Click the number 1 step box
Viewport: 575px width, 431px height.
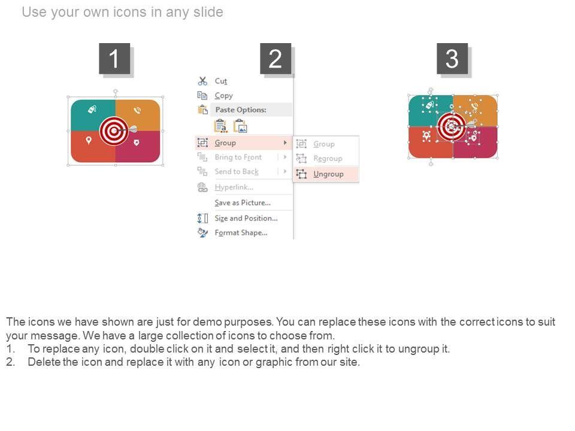coord(114,59)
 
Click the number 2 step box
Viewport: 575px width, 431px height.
coord(276,59)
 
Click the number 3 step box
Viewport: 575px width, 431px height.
coord(452,59)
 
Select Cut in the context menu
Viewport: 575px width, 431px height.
coord(221,81)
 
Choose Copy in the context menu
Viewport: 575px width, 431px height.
coord(223,96)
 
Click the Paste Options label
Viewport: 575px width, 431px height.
coord(241,110)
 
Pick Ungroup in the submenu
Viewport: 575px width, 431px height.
coord(328,174)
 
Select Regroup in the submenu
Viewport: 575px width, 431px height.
coord(328,158)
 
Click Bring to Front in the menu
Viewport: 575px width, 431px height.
coord(238,157)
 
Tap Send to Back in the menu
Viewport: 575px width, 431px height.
coord(237,172)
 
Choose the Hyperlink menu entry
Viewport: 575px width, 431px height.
coord(234,187)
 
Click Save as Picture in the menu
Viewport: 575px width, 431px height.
coord(243,203)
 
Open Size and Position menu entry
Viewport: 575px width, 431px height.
coord(246,218)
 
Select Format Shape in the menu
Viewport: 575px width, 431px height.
coord(241,233)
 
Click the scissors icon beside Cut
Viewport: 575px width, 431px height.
coord(202,81)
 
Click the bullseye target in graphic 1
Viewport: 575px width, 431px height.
coord(114,131)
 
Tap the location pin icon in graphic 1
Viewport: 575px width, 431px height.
coord(89,140)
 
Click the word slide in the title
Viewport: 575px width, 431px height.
coord(208,12)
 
